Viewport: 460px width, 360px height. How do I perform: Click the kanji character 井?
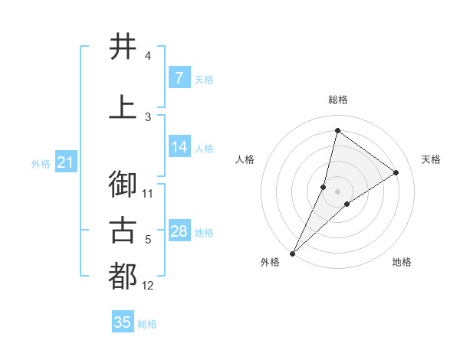coord(123,47)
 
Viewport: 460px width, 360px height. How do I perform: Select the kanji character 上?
coord(123,108)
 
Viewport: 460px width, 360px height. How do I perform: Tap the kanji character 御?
coord(123,185)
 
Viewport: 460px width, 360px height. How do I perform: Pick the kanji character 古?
coord(123,230)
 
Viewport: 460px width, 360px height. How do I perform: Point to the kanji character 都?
coord(123,277)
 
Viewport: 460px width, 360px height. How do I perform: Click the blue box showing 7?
coord(179,78)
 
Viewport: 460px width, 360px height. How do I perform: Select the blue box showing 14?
coord(179,148)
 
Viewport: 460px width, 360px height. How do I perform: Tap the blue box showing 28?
coord(179,231)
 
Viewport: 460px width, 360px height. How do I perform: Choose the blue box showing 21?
coord(65,162)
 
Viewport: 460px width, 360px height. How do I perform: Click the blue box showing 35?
coord(122,322)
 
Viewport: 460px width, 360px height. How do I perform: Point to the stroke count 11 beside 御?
coord(148,194)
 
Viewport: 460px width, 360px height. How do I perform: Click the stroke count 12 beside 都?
coord(148,286)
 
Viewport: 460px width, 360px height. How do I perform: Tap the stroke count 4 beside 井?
coord(148,56)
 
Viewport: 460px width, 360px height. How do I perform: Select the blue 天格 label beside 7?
coord(204,79)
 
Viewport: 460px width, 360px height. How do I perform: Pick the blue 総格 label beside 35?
coord(147,324)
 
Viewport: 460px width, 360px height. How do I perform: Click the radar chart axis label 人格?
coord(245,159)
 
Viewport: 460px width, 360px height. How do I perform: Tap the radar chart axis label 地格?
coord(402,262)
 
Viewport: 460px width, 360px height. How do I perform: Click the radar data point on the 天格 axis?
coord(396,172)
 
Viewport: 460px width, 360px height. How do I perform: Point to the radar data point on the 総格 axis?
coord(337,130)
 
